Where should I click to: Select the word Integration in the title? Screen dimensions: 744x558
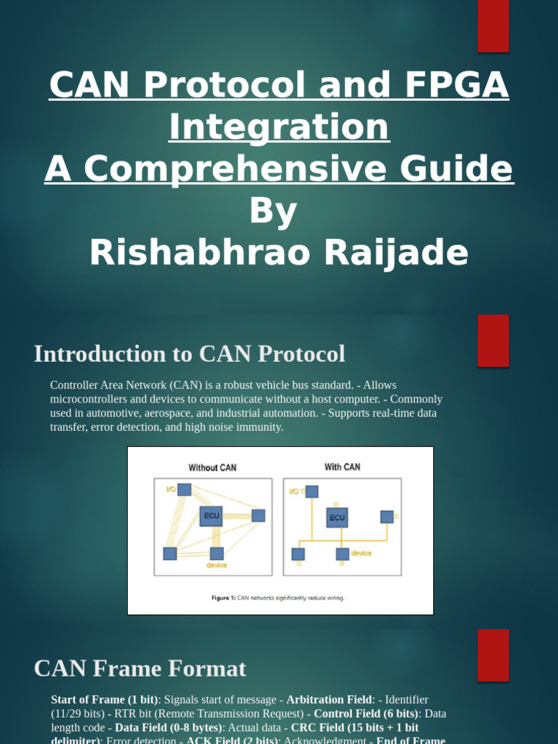(279, 127)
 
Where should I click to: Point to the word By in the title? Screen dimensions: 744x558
(273, 211)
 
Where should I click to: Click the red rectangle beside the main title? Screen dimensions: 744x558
(493, 26)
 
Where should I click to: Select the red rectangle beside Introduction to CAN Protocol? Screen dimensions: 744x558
(493, 341)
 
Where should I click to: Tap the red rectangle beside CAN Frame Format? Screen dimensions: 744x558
(493, 655)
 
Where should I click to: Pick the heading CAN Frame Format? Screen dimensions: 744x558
(140, 668)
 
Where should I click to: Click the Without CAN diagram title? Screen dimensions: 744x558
(213, 468)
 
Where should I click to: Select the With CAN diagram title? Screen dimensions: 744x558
(341, 467)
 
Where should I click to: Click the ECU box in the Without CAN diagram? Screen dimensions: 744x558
(211, 516)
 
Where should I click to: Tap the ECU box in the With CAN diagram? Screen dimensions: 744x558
(337, 517)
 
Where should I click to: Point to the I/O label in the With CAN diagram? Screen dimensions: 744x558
(294, 492)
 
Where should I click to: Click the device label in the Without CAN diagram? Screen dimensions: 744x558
(217, 565)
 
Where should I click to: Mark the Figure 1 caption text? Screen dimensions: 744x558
(278, 598)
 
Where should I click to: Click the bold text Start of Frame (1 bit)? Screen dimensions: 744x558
(105, 700)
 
